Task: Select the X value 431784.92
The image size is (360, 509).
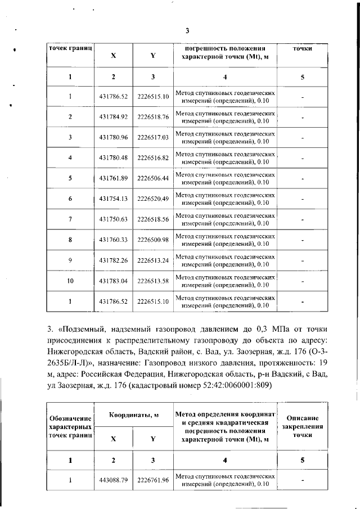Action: [114, 117]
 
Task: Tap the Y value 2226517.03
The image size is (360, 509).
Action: [153, 137]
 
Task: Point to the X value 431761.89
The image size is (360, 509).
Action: [114, 178]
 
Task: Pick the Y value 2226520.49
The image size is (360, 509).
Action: [153, 199]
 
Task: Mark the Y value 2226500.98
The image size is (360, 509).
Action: [153, 240]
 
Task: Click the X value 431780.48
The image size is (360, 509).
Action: [114, 158]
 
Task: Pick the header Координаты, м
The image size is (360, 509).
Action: [133, 415]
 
